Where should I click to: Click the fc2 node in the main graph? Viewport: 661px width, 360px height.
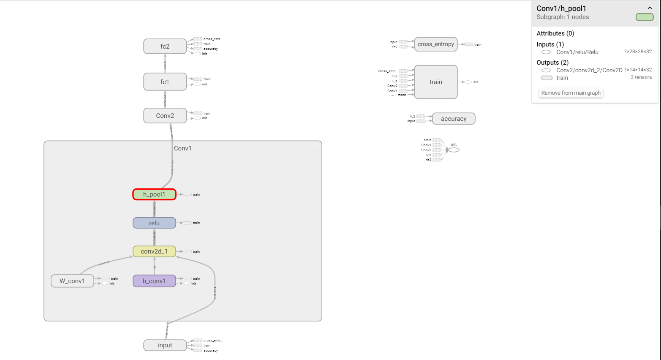(x=165, y=46)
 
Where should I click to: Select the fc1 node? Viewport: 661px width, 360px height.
(x=165, y=82)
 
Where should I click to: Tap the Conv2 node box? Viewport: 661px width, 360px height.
(x=165, y=116)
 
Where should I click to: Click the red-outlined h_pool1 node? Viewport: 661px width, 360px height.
(x=154, y=194)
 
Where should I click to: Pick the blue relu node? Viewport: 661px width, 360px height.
(x=154, y=223)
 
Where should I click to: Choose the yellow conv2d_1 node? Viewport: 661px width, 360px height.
(x=154, y=251)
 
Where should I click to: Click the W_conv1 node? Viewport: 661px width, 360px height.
(x=72, y=281)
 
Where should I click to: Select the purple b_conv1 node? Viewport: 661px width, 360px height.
(x=154, y=281)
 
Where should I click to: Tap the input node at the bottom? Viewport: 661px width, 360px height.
(x=165, y=345)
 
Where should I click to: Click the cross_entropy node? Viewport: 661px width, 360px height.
(x=436, y=44)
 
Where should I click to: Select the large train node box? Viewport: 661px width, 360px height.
(x=436, y=82)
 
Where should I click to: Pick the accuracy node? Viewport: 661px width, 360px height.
(x=454, y=119)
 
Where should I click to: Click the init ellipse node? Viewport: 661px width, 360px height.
(x=454, y=150)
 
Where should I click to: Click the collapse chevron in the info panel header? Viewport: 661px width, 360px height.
(x=650, y=8)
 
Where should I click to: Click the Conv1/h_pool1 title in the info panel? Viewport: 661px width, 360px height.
(x=561, y=8)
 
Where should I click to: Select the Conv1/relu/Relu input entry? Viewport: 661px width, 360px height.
(x=577, y=52)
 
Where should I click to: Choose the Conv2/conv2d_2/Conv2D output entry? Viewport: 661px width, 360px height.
(x=589, y=70)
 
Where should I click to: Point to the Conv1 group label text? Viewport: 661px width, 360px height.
(x=183, y=148)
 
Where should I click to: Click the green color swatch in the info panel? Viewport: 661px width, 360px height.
(x=645, y=17)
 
